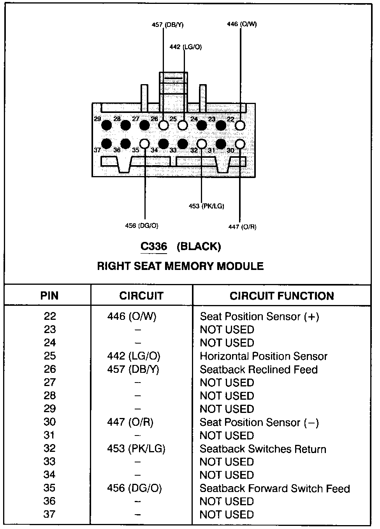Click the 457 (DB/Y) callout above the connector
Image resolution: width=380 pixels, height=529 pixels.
point(167,25)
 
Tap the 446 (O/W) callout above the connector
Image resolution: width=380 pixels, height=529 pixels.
point(242,24)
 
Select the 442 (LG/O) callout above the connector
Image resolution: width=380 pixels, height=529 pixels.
point(186,47)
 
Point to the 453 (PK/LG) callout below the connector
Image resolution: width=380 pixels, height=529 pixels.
point(206,206)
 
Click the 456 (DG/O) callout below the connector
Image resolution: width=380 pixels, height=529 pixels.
point(142,226)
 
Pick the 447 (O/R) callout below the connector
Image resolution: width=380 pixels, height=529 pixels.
point(242,227)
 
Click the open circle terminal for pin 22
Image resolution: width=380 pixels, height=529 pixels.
point(240,125)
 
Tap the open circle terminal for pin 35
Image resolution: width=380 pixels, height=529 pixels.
point(144,144)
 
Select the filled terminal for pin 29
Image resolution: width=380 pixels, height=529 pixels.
point(106,125)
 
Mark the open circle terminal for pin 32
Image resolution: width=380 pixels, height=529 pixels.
point(202,144)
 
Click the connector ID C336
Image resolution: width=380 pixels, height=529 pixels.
point(154,247)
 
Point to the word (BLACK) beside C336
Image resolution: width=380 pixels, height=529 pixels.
point(199,247)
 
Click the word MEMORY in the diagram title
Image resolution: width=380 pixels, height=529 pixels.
point(189,266)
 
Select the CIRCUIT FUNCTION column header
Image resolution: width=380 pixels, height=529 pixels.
point(281,296)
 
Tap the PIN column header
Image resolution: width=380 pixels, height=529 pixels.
point(49,296)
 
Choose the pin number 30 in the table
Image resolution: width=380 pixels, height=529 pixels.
point(50,422)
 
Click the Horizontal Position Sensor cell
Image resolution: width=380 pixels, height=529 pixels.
point(264,356)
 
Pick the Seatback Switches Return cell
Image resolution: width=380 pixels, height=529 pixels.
point(263,449)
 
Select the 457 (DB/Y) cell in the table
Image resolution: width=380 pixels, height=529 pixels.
point(133,369)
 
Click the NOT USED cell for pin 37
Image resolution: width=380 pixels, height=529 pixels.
point(227,515)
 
